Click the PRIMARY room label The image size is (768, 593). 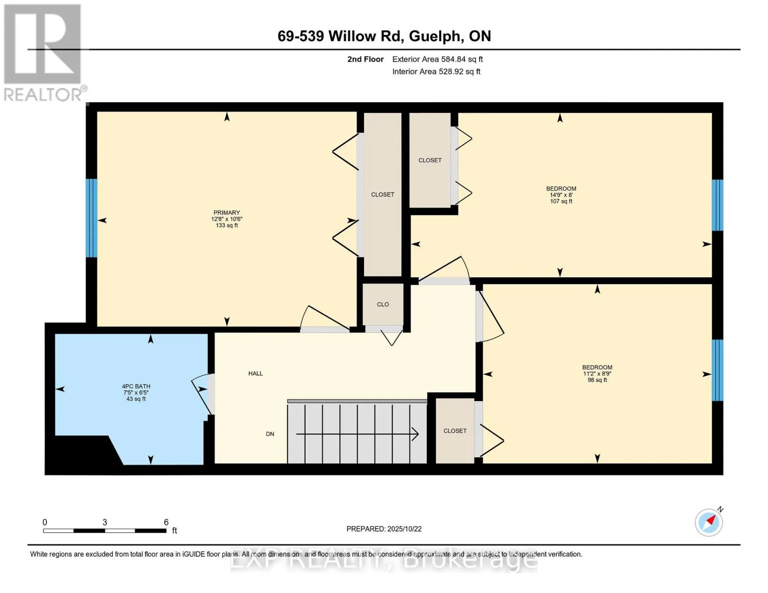pos(226,212)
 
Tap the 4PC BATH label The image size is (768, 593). pos(136,386)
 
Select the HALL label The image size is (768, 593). pos(255,373)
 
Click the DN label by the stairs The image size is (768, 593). pos(270,434)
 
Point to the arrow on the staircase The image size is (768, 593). pos(357,434)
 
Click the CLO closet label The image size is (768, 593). pos(383,304)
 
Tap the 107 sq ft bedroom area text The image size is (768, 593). pos(561,201)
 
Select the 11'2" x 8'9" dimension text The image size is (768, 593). pos(597,374)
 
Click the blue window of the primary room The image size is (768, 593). pos(91,218)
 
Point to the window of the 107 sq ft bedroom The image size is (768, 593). pos(717,205)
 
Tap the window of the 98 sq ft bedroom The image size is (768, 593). pos(717,370)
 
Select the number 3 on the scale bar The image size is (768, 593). pos(105,522)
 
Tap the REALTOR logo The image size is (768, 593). pos(44,53)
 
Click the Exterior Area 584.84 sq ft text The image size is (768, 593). pos(437,59)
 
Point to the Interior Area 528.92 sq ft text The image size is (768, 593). pos(436,72)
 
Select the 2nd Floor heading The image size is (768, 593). pos(365,59)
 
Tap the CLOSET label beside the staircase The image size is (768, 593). pos(455,430)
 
